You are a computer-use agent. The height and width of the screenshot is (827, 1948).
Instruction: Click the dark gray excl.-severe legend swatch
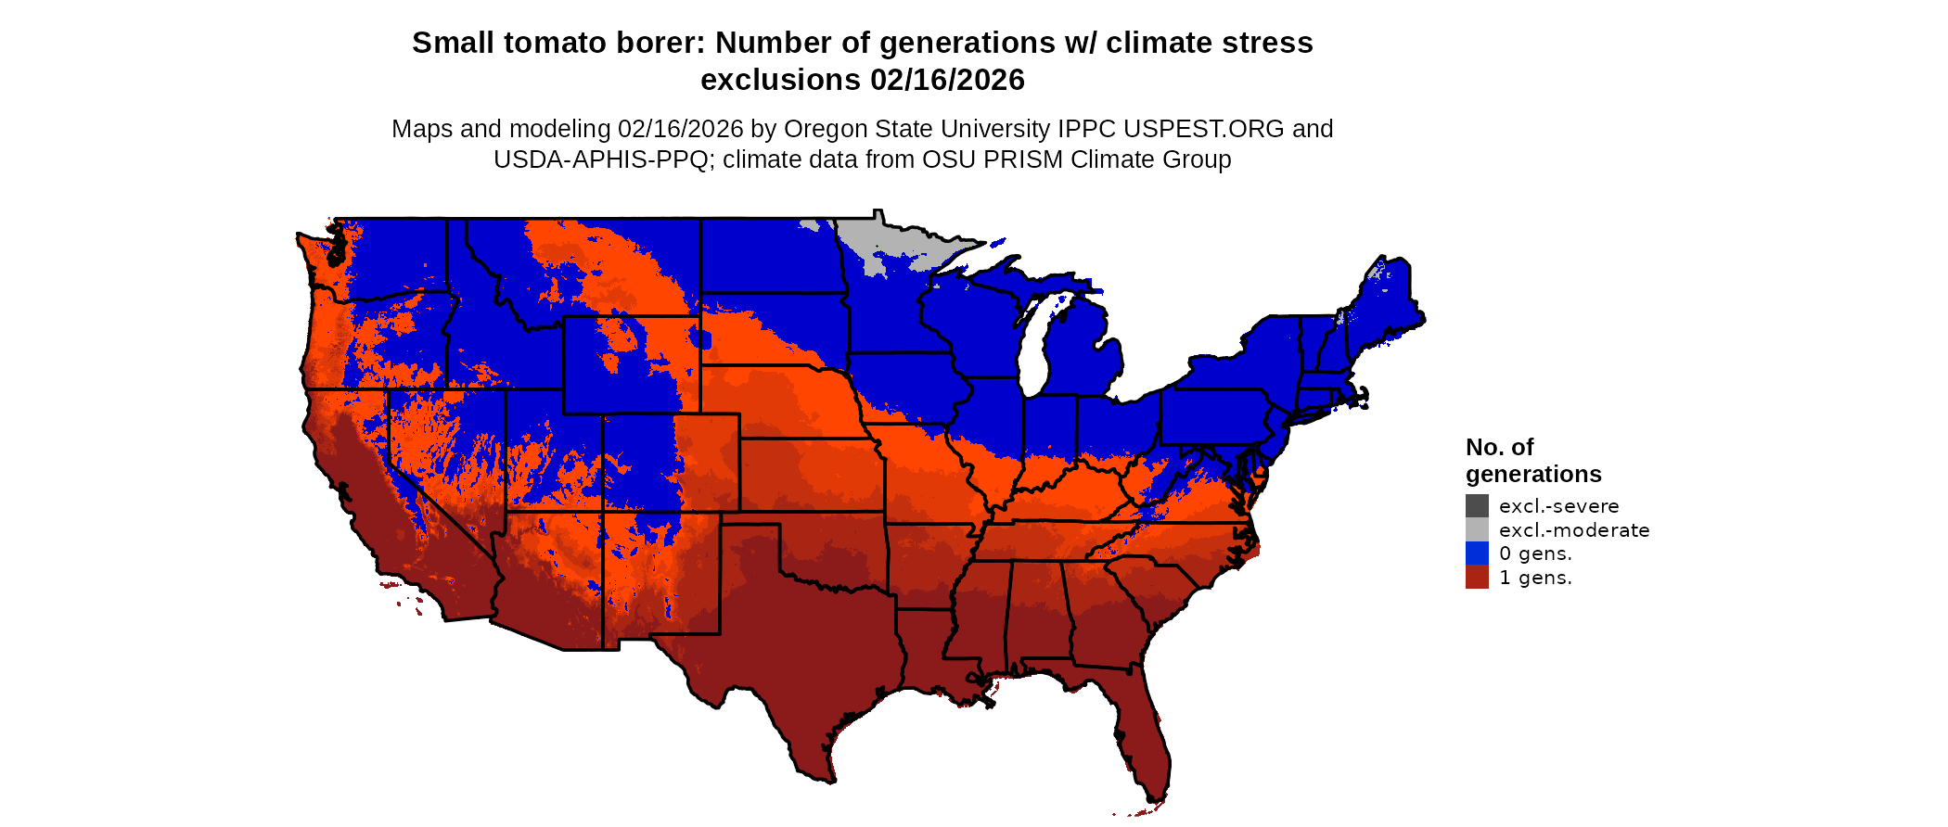[x=1477, y=505]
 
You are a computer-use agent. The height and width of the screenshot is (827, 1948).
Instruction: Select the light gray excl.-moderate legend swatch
[x=1477, y=529]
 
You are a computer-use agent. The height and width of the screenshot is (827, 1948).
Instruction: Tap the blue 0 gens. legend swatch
[x=1477, y=553]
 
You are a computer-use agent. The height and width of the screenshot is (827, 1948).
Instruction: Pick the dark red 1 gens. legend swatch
[x=1477, y=577]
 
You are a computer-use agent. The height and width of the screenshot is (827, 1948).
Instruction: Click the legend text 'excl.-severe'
[x=1558, y=506]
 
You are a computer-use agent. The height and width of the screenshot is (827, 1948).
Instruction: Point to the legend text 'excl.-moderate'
[x=1574, y=530]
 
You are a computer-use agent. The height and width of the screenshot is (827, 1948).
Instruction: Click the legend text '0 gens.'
[x=1535, y=553]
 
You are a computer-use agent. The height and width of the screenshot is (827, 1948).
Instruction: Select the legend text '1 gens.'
[x=1535, y=578]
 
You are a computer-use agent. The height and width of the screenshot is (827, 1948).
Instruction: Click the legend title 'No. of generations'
[x=1532, y=461]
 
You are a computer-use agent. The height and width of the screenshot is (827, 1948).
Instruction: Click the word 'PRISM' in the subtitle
[x=1023, y=159]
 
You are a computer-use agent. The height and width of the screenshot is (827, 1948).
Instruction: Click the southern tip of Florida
[x=1155, y=795]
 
